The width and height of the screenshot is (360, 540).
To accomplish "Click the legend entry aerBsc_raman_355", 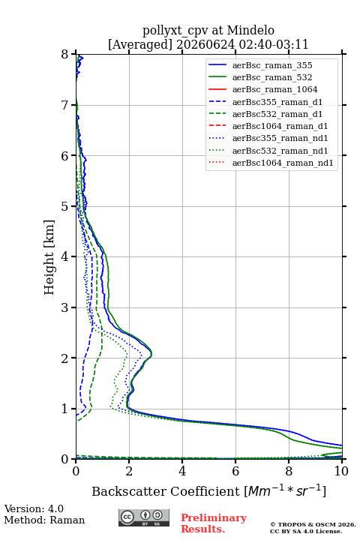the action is (272, 65).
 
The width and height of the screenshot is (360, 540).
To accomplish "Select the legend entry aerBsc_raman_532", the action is (272, 77).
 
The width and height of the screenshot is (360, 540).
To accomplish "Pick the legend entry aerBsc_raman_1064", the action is (275, 89).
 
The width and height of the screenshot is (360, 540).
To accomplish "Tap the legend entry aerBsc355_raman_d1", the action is (277, 102).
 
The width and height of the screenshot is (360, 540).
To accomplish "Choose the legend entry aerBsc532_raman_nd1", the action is (280, 151).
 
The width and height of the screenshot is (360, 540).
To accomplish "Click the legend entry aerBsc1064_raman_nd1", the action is (283, 163).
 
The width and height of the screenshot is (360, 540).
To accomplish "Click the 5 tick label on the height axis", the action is (64, 206).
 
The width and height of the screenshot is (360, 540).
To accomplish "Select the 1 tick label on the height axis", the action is (64, 409).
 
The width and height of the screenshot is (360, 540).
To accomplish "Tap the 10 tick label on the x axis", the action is (341, 471).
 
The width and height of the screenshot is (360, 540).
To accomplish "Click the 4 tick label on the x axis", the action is (182, 471).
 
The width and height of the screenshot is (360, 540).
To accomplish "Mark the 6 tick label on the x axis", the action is (235, 471).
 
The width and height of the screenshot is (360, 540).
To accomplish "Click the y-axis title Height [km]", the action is (49, 257).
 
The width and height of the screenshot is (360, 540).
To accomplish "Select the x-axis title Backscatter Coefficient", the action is (166, 491).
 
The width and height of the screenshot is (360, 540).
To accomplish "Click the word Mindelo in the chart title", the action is (250, 30).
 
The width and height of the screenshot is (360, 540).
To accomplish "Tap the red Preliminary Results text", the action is (214, 523).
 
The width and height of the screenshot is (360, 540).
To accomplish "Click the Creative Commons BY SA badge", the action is (144, 517).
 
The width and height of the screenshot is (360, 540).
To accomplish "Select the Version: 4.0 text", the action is (34, 508).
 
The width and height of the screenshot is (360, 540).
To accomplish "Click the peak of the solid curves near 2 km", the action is (151, 354).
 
